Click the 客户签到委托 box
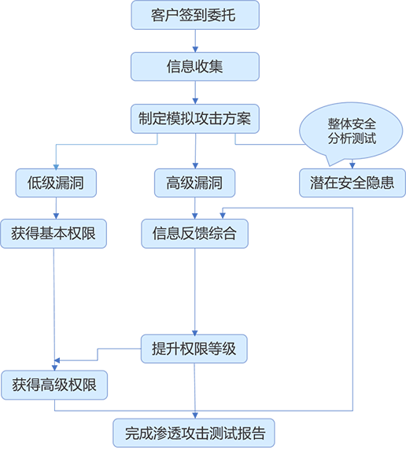click(x=195, y=15)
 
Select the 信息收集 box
click(x=195, y=67)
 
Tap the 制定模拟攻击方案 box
click(x=195, y=119)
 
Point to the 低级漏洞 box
click(x=56, y=183)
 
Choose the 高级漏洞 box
click(x=194, y=183)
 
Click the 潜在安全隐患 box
click(x=352, y=183)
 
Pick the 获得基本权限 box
click(x=54, y=234)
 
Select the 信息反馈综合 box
click(x=194, y=234)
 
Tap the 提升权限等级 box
click(x=194, y=349)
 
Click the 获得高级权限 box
click(x=54, y=385)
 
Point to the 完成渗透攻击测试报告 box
click(x=194, y=433)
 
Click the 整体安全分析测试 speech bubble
click(x=351, y=132)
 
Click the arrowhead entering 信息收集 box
click(x=195, y=50)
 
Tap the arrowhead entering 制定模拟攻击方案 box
click(x=195, y=101)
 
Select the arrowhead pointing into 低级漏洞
click(x=56, y=167)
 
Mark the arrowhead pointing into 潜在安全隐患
click(x=352, y=165)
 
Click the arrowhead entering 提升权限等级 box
click(x=195, y=333)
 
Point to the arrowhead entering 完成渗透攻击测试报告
click(x=195, y=415)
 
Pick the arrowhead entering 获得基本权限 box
click(x=56, y=216)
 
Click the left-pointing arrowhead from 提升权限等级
click(x=57, y=360)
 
